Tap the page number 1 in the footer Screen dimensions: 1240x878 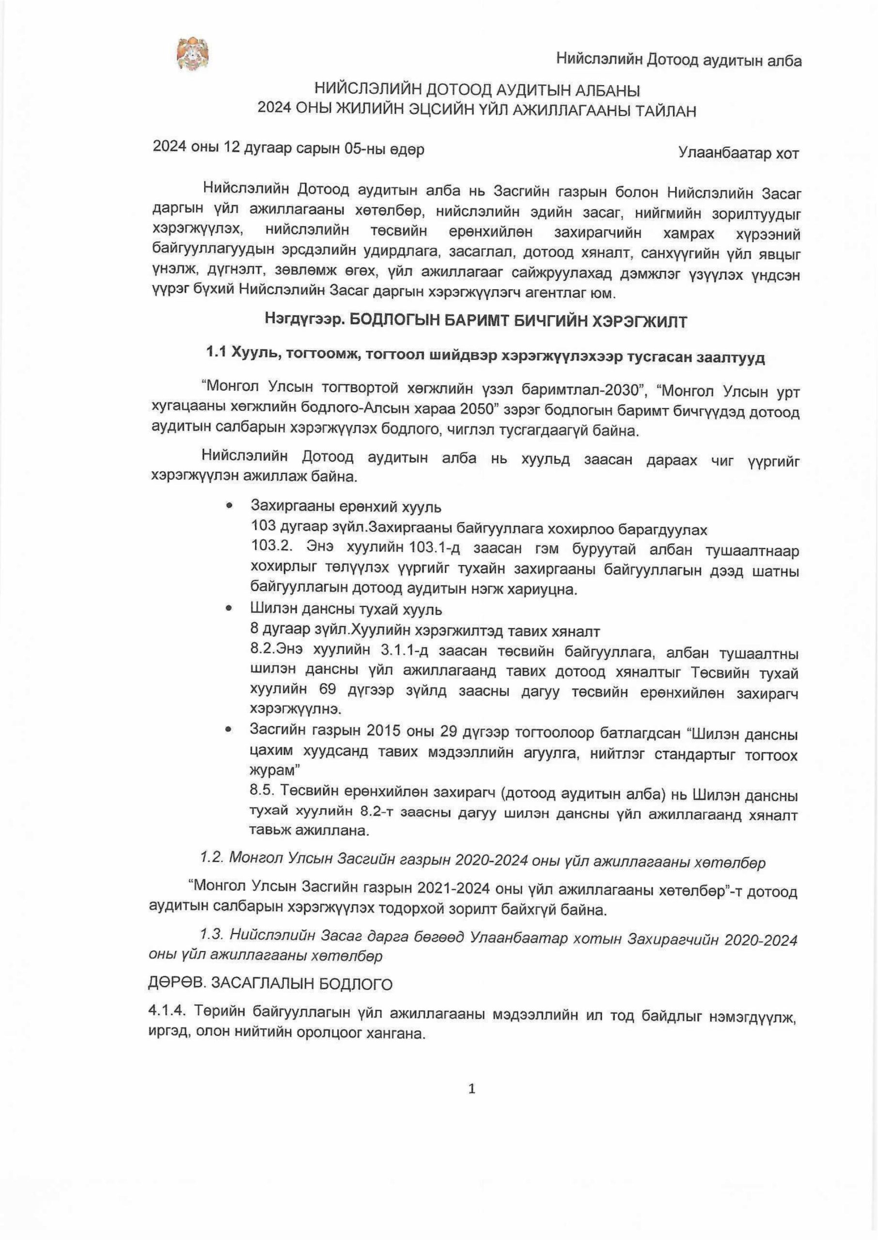tap(471, 1089)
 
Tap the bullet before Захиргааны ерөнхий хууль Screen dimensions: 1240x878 tap(229, 506)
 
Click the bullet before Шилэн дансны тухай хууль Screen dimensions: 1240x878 tap(229, 608)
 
